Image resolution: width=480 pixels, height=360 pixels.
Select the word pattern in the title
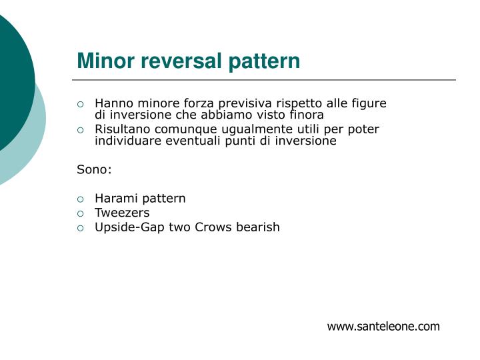coord(265,62)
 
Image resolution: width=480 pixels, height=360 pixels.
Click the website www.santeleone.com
coord(383,326)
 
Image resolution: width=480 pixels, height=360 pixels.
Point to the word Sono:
coord(95,169)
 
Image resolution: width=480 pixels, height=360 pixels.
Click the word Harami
coord(115,198)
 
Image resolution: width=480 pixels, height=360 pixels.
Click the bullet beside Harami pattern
coord(81,199)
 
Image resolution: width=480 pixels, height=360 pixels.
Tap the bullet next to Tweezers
coord(81,213)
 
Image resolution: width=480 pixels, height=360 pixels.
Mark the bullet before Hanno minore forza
coord(81,104)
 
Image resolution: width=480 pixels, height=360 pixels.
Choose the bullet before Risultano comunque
coord(81,130)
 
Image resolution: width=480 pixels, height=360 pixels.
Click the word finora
coord(307,115)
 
